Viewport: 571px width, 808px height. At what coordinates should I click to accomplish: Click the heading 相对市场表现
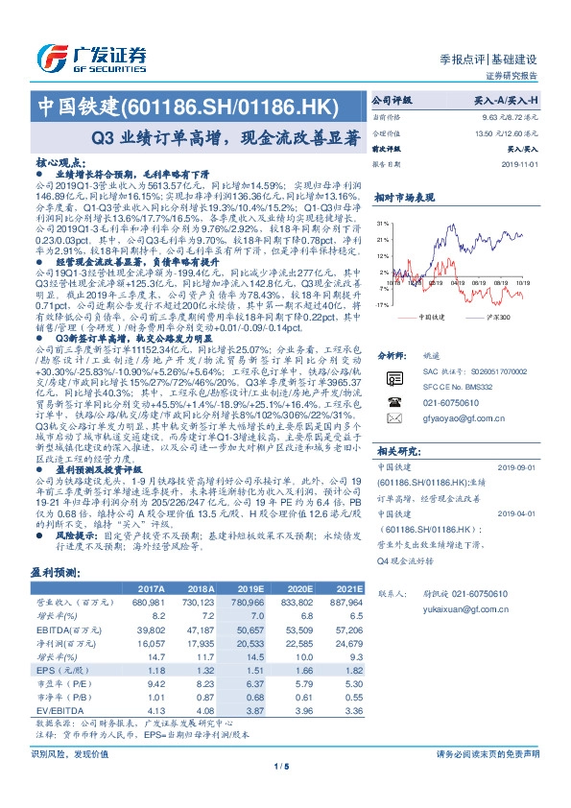(x=404, y=197)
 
